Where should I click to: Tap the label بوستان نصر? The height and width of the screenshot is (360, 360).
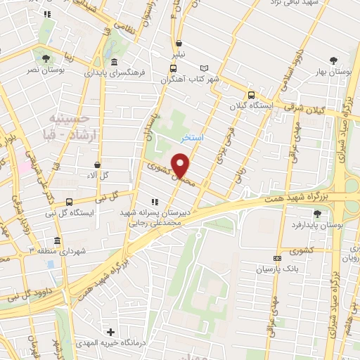pyautogui.click(x=46, y=71)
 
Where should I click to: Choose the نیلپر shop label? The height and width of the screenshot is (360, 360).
pyautogui.click(x=180, y=53)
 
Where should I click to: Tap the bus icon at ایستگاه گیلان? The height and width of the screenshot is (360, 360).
pyautogui.click(x=251, y=96)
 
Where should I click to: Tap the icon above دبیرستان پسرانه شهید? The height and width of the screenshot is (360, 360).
pyautogui.click(x=155, y=202)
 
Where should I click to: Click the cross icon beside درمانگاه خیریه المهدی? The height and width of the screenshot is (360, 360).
pyautogui.click(x=110, y=331)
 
